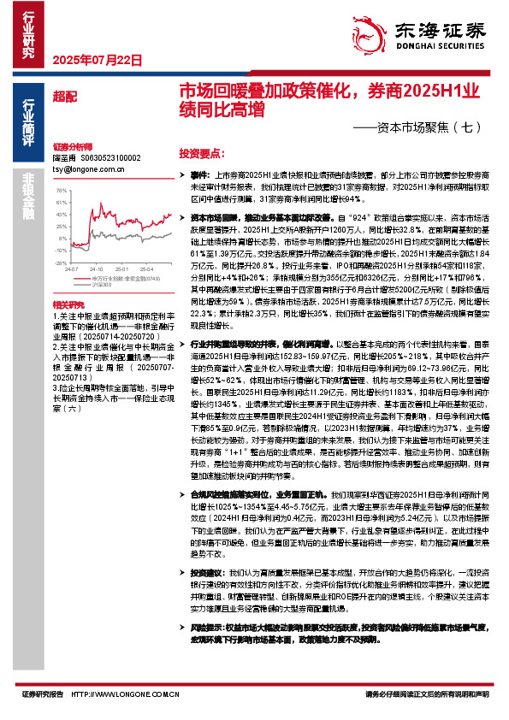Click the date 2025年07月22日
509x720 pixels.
pos(96,59)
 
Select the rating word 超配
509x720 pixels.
pos(62,94)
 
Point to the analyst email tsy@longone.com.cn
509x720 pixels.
pos(84,169)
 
